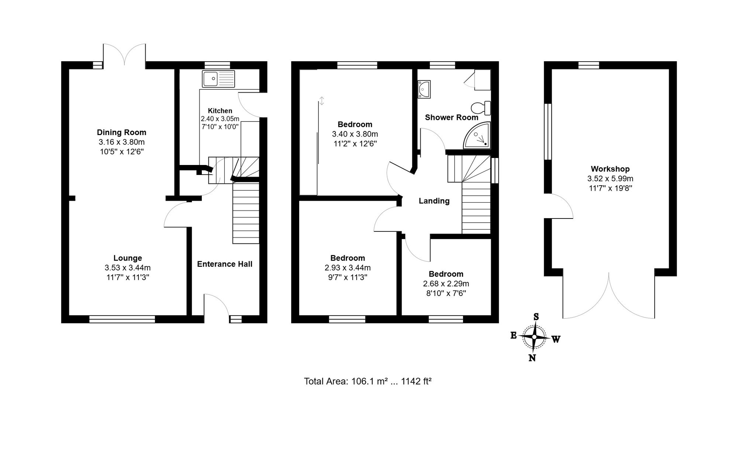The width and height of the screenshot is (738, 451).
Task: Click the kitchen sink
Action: pyautogui.click(x=218, y=79)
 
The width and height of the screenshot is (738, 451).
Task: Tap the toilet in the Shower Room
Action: pyautogui.click(x=481, y=108)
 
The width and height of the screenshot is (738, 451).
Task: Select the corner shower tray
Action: pyautogui.click(x=477, y=135)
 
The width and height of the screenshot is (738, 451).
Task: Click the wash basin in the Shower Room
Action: pyautogui.click(x=424, y=89)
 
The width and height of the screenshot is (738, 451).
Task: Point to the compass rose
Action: pyautogui.click(x=534, y=337)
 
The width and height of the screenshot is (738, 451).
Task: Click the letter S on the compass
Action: pyautogui.click(x=536, y=317)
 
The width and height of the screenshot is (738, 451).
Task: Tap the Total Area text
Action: pyautogui.click(x=368, y=381)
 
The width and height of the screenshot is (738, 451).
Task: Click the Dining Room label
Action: pyautogui.click(x=121, y=132)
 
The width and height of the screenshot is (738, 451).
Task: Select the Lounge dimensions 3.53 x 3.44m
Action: pyautogui.click(x=128, y=268)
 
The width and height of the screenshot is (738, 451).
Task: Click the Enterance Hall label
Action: pyautogui.click(x=225, y=264)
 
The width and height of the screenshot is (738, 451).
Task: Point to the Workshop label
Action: pyautogui.click(x=610, y=169)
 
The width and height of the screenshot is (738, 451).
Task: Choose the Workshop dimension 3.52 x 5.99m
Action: pyautogui.click(x=610, y=179)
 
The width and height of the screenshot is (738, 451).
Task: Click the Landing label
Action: pyautogui.click(x=434, y=201)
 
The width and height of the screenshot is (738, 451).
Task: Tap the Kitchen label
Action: pyautogui.click(x=220, y=111)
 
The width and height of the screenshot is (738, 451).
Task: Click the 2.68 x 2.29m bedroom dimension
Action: pyautogui.click(x=446, y=284)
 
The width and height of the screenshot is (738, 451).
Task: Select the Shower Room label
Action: pyautogui.click(x=452, y=117)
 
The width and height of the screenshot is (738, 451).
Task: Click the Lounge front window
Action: pyautogui.click(x=122, y=319)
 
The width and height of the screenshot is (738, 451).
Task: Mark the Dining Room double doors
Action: pyautogui.click(x=124, y=55)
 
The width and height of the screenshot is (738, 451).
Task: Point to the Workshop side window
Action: pyautogui.click(x=548, y=132)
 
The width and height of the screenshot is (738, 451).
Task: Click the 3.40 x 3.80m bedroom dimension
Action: pyautogui.click(x=355, y=134)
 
